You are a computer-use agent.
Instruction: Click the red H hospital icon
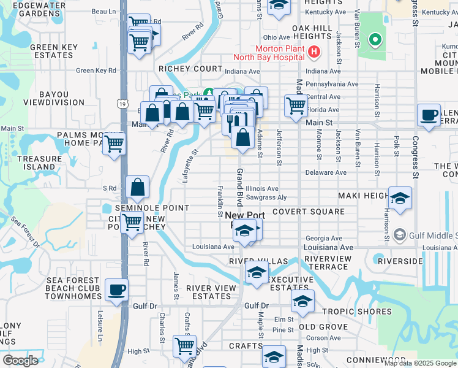pyautogui.click(x=314, y=52)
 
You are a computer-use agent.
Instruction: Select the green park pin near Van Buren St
pyautogui.click(x=375, y=40)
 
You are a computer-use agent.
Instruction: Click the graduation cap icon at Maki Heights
pyautogui.click(x=400, y=198)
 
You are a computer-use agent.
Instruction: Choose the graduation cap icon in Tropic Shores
pyautogui.click(x=302, y=301)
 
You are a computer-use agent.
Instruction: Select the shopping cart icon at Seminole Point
pyautogui.click(x=133, y=224)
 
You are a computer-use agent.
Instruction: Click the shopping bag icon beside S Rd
pyautogui.click(x=138, y=187)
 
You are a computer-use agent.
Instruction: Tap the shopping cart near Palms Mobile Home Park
pyautogui.click(x=114, y=144)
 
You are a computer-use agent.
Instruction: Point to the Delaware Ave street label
pyautogui.click(x=326, y=172)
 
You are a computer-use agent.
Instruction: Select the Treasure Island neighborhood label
pyautogui.click(x=39, y=163)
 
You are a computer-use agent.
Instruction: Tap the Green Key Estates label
pyautogui.click(x=54, y=51)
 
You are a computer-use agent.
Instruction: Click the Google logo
pyautogui.click(x=21, y=360)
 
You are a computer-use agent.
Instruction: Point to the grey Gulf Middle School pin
pyautogui.click(x=400, y=234)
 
